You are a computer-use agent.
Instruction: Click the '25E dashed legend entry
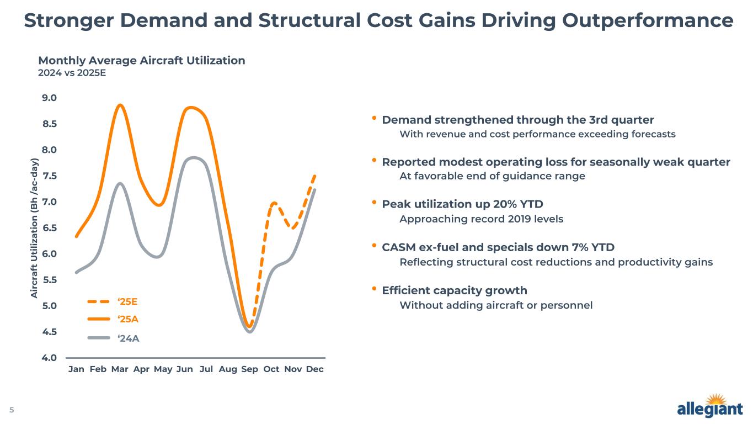(113, 301)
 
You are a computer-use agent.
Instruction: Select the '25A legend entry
(113, 319)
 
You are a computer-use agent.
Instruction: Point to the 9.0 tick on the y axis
(50, 98)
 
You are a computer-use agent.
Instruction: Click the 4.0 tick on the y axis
(50, 357)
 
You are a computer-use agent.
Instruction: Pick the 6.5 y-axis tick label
(50, 227)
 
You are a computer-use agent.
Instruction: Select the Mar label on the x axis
(120, 369)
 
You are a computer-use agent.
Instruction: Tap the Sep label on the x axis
(249, 369)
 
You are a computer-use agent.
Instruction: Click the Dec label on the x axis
(314, 369)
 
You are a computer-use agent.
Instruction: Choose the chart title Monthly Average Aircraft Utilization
(141, 61)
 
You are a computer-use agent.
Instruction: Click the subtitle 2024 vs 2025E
(68, 72)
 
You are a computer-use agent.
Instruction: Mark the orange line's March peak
(120, 105)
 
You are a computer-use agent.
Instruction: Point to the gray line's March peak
(120, 183)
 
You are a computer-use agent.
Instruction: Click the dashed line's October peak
(273, 203)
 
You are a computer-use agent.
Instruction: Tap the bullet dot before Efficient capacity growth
(374, 289)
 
